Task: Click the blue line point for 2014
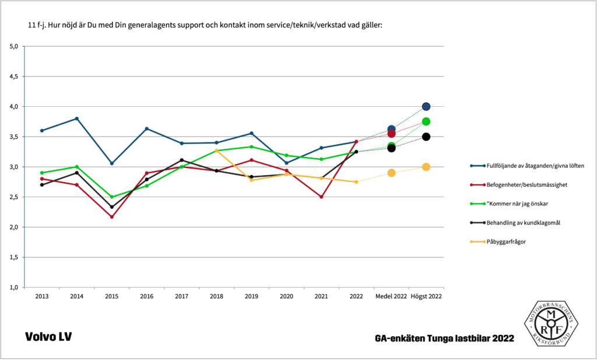tap(76, 118)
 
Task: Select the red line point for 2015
tap(111, 217)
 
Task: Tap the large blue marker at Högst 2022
tap(426, 107)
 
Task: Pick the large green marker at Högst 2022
tap(426, 121)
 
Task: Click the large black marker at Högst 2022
tap(426, 137)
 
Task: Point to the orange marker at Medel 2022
tap(391, 173)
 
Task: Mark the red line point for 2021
tap(321, 197)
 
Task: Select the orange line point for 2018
tap(216, 151)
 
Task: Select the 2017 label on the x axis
tap(181, 296)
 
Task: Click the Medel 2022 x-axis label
tap(391, 296)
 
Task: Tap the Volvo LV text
tap(48, 337)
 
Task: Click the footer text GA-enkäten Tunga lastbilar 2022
tap(445, 338)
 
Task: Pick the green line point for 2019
tap(251, 146)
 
